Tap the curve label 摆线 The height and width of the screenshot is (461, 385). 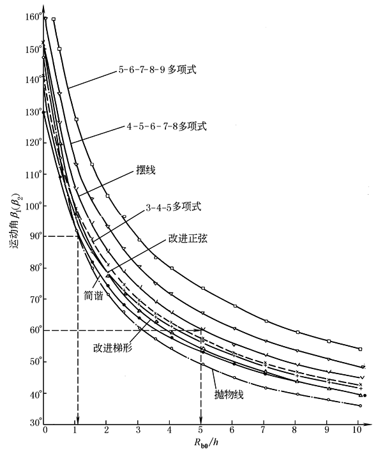point(146,171)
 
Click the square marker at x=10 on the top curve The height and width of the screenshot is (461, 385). point(360,349)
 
